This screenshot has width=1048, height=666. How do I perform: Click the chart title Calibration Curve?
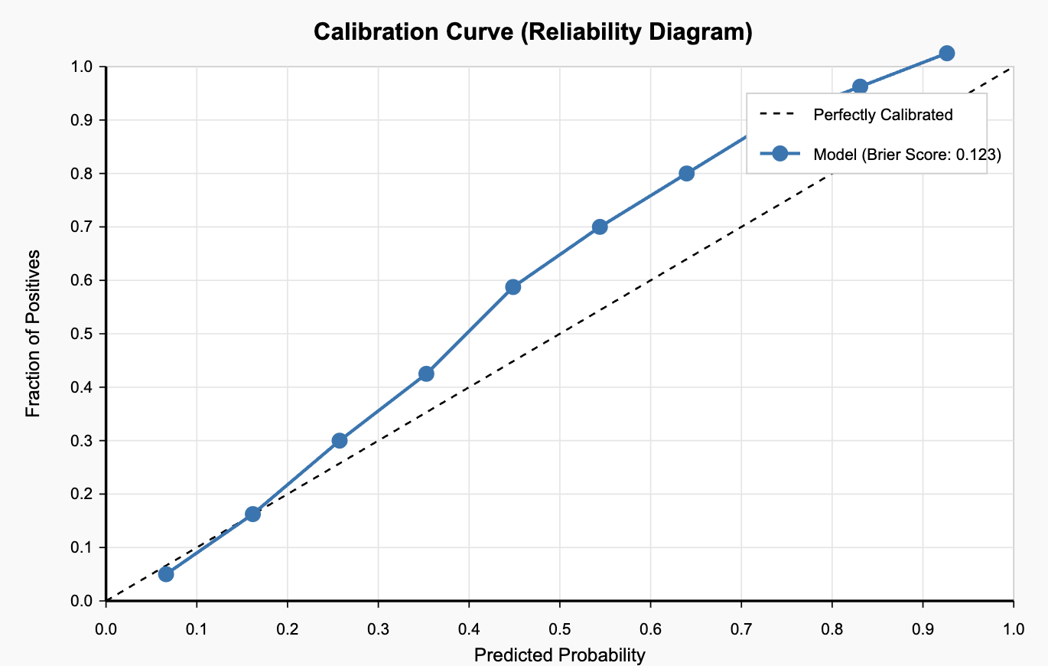point(533,32)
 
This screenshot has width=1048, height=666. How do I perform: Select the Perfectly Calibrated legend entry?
point(883,115)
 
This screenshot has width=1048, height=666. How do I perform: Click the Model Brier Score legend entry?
point(907,154)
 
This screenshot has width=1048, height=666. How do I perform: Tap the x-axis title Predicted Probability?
point(559,655)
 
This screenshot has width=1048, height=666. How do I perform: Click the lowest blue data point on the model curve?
point(166,574)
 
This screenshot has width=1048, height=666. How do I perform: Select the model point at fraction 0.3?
point(340,441)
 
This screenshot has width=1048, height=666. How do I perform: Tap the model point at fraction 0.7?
point(600,227)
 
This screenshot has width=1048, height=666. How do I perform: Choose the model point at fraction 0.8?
point(686,173)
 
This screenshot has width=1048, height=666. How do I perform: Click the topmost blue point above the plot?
point(946,53)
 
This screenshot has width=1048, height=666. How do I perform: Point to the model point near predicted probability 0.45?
point(513,287)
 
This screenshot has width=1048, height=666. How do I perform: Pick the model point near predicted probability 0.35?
point(426,374)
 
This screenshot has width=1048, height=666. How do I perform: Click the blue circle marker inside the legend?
point(779,154)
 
